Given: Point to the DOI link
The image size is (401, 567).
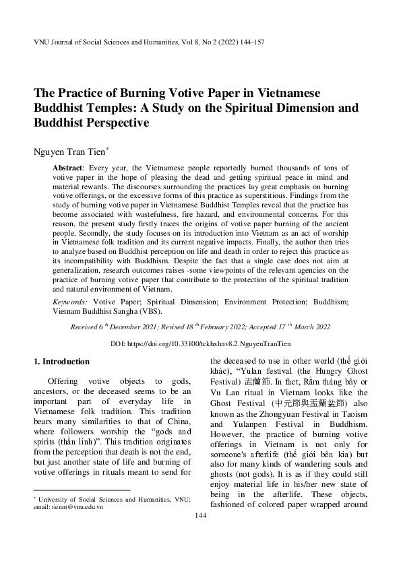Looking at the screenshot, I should [200, 343].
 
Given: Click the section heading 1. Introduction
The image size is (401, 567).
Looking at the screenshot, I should [61, 361].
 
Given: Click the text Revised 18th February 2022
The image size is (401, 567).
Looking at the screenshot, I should [205, 327].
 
